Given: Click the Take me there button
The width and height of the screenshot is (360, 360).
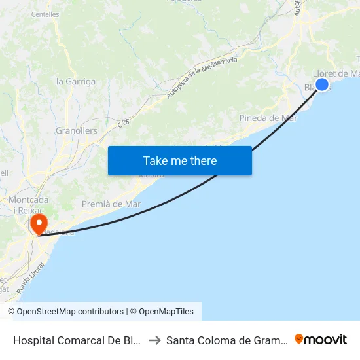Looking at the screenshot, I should point(180,160).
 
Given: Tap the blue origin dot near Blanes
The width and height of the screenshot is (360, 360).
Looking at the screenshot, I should point(321,84).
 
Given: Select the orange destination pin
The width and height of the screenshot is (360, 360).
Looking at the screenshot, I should point(39,225).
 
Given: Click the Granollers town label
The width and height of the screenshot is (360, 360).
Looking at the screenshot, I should point(77,130).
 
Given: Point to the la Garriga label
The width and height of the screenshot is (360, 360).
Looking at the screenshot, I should point(76,82).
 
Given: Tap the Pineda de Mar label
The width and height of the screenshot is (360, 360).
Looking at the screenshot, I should point(268,118).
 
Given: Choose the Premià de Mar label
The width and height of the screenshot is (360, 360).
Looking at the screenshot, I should point(111,204).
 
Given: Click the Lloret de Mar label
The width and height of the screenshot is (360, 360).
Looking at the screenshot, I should point(337,73).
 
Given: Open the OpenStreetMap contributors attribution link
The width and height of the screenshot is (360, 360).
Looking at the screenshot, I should point(65,312).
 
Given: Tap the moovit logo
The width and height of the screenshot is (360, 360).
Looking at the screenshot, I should point(321,339).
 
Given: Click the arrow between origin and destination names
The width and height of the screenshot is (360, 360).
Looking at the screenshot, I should point(154,340).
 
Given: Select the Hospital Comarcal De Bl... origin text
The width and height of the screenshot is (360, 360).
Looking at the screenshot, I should point(77,340).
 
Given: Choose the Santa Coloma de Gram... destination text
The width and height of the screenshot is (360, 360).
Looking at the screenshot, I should point(226,340).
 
